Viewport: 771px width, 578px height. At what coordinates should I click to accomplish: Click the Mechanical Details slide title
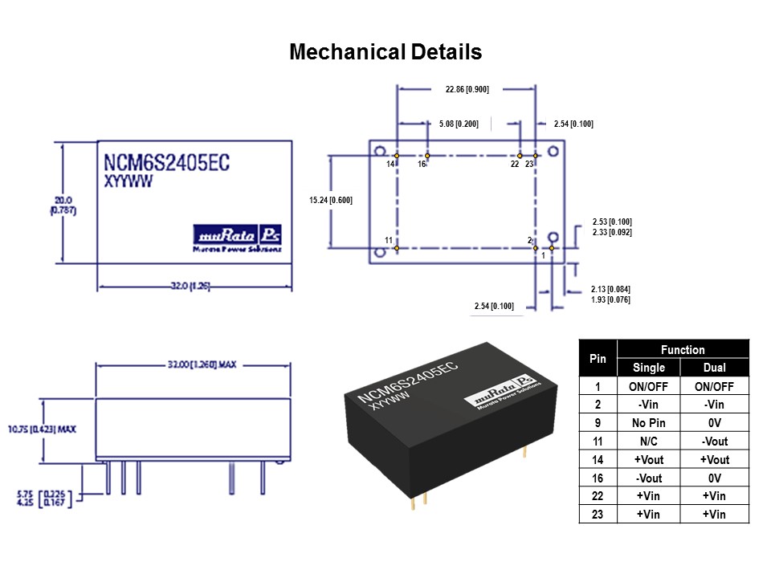[x=385, y=52]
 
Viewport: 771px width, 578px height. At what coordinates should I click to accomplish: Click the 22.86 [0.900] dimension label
[x=467, y=89]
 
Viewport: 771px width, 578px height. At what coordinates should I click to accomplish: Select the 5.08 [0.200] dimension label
[x=459, y=124]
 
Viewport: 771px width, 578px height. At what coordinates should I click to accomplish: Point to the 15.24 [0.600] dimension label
[x=331, y=200]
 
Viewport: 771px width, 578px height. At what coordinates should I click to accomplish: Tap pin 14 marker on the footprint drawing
[x=397, y=155]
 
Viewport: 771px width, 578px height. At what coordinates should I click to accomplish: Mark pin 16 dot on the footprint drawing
[x=427, y=155]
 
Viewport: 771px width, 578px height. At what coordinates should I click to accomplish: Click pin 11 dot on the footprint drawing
[x=397, y=248]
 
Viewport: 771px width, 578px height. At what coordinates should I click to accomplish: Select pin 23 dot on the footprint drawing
[x=536, y=155]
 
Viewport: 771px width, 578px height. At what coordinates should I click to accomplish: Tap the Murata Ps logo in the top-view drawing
[x=238, y=234]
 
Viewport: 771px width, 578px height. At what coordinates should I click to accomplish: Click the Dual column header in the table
[x=714, y=368]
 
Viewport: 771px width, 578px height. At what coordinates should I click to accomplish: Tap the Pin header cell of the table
[x=598, y=358]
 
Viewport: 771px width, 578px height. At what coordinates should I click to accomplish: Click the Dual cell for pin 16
[x=714, y=478]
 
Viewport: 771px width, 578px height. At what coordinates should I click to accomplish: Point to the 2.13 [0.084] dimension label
[x=610, y=290]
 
